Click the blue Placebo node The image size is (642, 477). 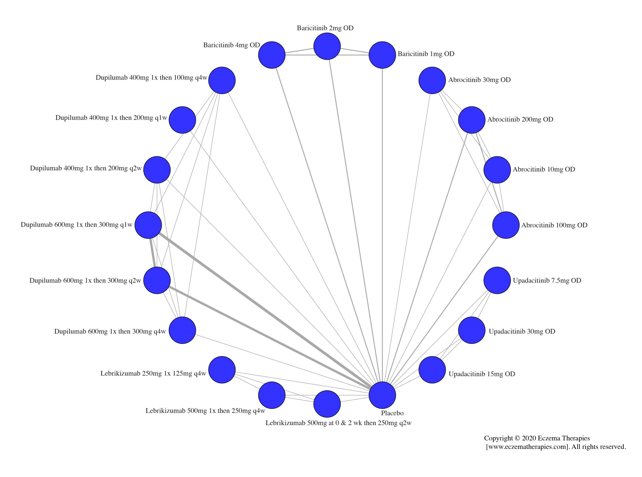point(382,395)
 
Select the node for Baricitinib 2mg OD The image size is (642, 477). point(327,46)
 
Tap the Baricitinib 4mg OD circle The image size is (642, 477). point(272,55)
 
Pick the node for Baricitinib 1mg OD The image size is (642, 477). point(382,55)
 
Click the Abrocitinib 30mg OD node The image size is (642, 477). point(432,80)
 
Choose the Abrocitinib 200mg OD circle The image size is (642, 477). point(472,120)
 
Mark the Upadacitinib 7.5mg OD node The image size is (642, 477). point(497,280)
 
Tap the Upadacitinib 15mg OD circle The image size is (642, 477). point(432,370)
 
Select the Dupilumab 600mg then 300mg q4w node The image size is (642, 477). point(182,330)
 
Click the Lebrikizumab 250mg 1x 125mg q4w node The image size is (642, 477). point(222,370)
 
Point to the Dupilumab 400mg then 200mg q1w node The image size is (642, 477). point(182,120)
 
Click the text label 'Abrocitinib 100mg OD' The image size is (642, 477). point(554,225)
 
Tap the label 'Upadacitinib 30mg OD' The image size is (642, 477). point(522,332)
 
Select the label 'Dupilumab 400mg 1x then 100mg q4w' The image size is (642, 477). point(151,78)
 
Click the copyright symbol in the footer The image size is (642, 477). point(517,438)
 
